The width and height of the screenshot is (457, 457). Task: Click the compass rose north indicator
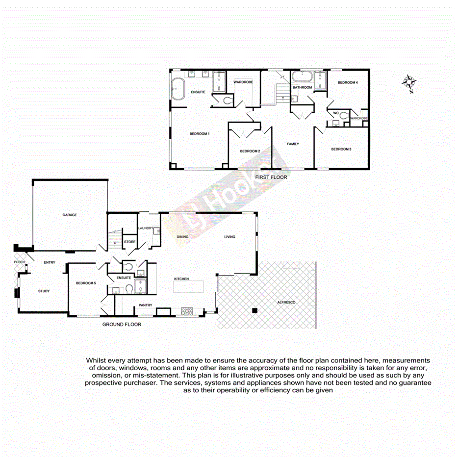tap(409, 83)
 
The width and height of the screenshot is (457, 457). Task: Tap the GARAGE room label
tap(69, 215)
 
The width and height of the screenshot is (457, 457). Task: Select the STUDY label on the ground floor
tap(44, 291)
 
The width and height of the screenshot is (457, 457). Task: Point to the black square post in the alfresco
tap(254, 310)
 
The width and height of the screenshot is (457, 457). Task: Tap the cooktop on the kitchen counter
tap(187, 310)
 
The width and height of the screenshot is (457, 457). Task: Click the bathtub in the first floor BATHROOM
tap(302, 77)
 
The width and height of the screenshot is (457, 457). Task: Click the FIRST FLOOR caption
tap(271, 177)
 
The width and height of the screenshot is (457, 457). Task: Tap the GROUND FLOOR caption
tap(122, 325)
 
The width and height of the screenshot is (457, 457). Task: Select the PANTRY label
tap(145, 305)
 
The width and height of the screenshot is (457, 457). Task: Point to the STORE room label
tap(130, 241)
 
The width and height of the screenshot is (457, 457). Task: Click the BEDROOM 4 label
tap(348, 83)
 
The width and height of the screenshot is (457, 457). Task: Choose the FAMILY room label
tap(293, 144)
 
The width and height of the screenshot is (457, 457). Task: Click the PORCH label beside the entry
tap(19, 262)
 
